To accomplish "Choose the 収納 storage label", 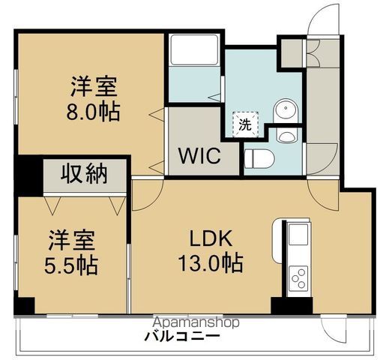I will click(x=85, y=175).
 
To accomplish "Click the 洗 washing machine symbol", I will click(x=245, y=124).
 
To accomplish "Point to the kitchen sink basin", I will click(x=297, y=235).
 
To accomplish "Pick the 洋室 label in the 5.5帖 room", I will click(x=73, y=241).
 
